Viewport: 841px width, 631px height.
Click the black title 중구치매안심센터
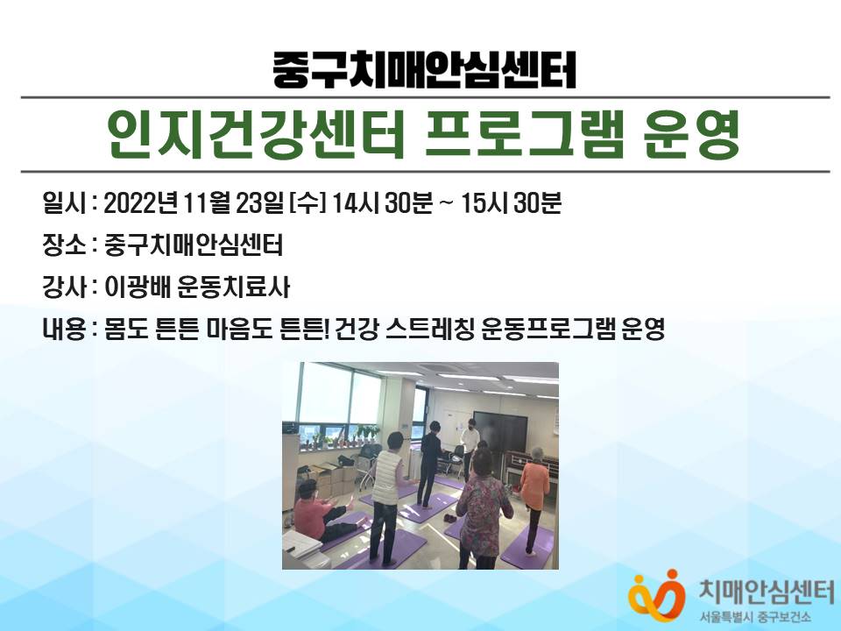click(x=424, y=70)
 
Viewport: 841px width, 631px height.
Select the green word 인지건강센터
click(x=255, y=134)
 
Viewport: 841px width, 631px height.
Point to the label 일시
click(x=64, y=203)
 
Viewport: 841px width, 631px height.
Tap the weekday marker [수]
click(x=307, y=203)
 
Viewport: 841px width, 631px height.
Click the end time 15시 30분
click(x=511, y=203)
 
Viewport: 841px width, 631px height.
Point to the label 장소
click(x=64, y=245)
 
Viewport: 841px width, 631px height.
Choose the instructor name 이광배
click(x=137, y=287)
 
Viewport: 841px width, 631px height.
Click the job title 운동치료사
click(x=233, y=287)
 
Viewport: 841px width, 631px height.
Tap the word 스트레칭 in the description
click(x=429, y=329)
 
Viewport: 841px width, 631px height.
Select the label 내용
click(x=64, y=329)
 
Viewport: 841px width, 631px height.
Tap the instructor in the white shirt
click(x=470, y=445)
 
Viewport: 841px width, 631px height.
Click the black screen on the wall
click(x=500, y=431)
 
